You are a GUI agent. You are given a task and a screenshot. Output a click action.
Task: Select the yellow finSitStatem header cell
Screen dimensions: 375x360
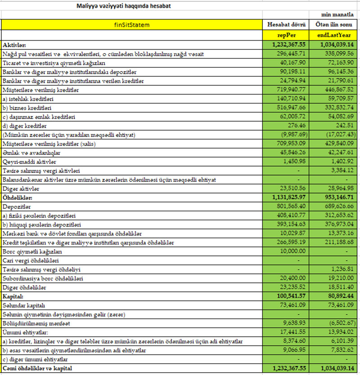(132, 25)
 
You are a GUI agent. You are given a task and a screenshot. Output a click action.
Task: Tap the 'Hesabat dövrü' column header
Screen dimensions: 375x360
(287, 25)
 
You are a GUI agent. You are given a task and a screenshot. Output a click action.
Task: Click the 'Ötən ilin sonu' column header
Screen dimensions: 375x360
(335, 25)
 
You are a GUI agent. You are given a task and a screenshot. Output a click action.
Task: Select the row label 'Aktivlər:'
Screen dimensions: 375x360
(14, 45)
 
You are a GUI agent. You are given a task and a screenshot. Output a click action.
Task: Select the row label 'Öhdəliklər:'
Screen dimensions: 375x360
(18, 197)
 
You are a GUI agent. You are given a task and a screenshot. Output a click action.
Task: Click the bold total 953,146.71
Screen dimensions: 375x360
(336, 197)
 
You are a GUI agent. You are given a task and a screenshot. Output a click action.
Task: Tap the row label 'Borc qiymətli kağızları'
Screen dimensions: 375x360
(31, 251)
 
